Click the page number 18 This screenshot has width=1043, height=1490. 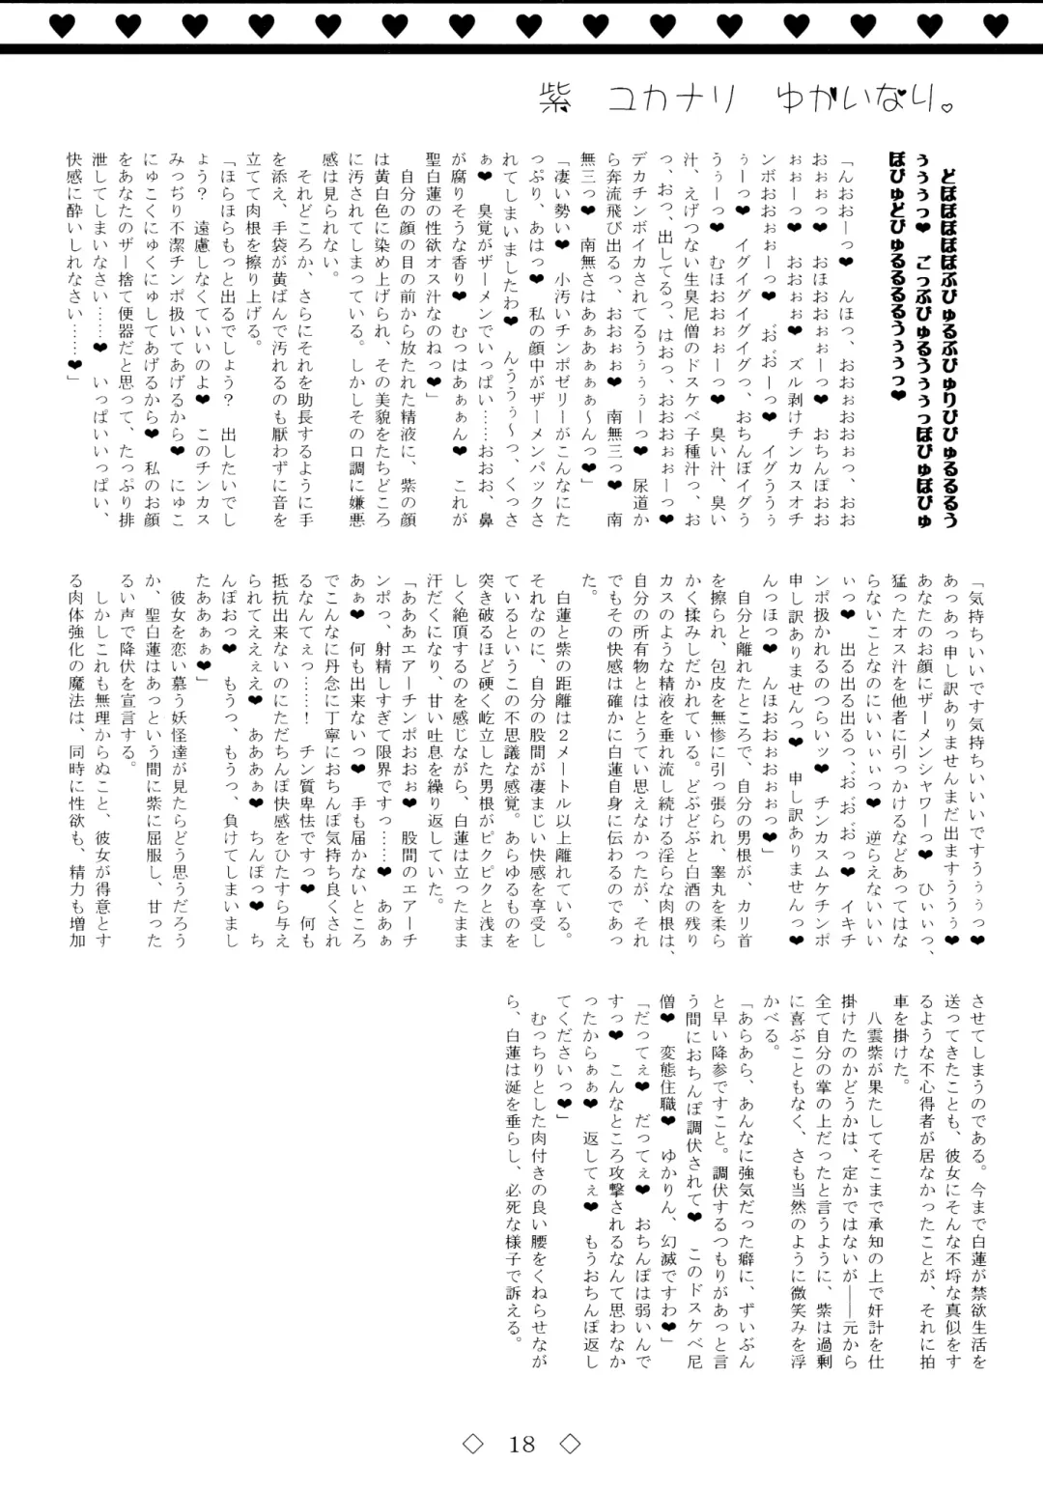coord(521,1444)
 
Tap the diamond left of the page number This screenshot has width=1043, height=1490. coord(472,1444)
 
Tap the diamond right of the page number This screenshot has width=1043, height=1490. coord(570,1444)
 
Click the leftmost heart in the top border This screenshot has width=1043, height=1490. coord(61,26)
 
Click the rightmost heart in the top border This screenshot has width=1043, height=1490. coord(996,26)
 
